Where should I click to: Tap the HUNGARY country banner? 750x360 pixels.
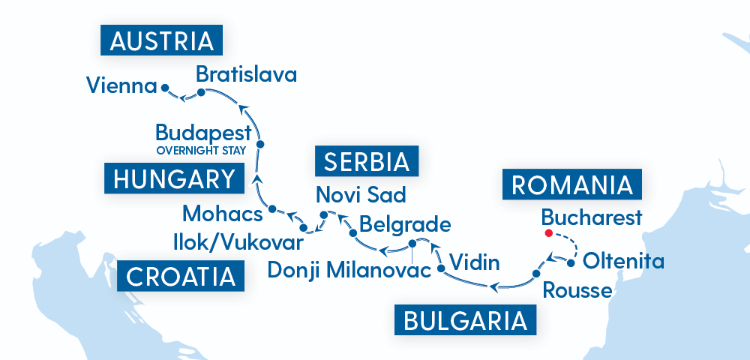tap(174, 179)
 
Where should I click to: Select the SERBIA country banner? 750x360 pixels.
tap(367, 161)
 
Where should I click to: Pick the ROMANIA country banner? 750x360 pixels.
tap(569, 185)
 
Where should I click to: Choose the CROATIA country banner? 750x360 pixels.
tap(181, 277)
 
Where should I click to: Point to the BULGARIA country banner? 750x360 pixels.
tap(464, 320)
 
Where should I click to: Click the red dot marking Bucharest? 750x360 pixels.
tap(548, 233)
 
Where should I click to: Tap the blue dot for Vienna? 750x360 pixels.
tap(164, 87)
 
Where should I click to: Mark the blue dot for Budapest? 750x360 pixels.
tap(260, 143)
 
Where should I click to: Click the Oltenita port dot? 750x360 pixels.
tap(571, 263)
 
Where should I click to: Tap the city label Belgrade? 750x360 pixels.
tap(405, 224)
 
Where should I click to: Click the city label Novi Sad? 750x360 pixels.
tap(361, 195)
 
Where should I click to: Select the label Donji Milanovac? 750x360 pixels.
tap(348, 269)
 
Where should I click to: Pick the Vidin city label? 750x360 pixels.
tap(473, 263)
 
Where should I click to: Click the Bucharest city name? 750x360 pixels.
tap(592, 217)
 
